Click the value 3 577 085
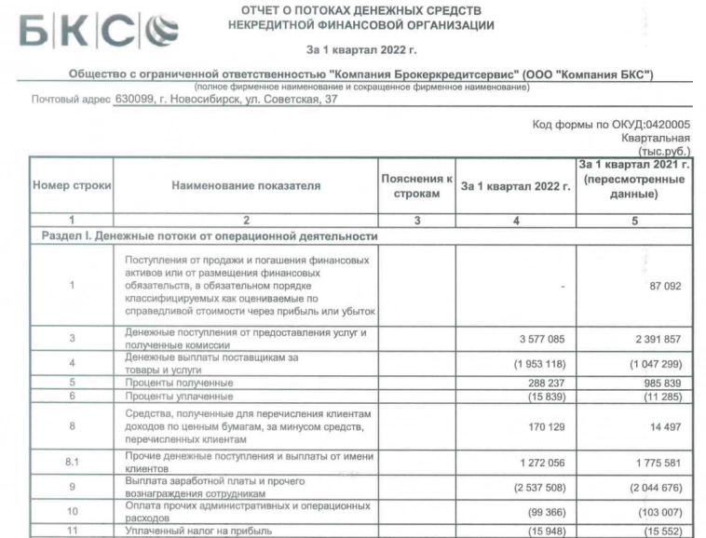tap(537, 340)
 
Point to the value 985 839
tap(657, 382)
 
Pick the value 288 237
tap(541, 382)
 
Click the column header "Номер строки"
tap(72, 186)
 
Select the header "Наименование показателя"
tap(245, 186)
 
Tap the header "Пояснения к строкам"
tap(416, 186)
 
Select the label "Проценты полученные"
tap(180, 383)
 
